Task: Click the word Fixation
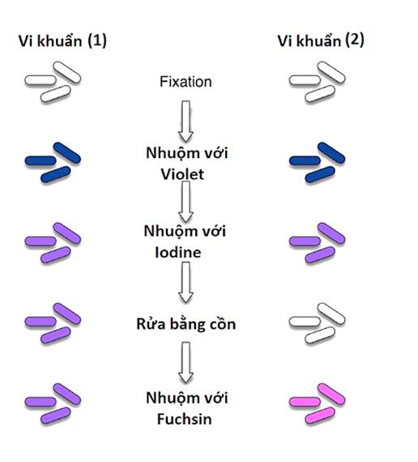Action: click(186, 82)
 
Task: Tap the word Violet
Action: click(182, 174)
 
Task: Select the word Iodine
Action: click(178, 253)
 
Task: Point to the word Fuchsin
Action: click(185, 419)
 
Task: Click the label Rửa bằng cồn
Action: click(186, 324)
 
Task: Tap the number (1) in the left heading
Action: click(97, 41)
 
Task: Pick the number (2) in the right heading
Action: click(355, 40)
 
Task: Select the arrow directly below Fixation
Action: click(186, 122)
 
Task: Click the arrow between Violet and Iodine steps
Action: click(186, 202)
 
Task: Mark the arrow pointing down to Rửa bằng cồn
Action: click(186, 283)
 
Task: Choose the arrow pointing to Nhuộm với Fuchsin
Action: click(186, 362)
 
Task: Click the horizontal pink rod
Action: click(305, 401)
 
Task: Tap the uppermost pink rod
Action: click(331, 393)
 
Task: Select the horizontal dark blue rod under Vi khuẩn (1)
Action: click(41, 160)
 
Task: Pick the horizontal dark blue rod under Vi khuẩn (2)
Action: click(305, 160)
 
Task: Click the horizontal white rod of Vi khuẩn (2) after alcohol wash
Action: click(305, 322)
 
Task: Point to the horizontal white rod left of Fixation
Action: click(41, 80)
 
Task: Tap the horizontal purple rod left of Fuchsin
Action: click(41, 401)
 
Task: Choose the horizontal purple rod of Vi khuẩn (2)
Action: click(305, 241)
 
